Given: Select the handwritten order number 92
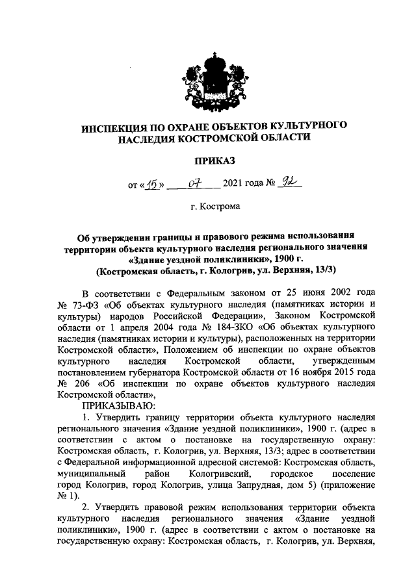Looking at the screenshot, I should [x=287, y=185].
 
